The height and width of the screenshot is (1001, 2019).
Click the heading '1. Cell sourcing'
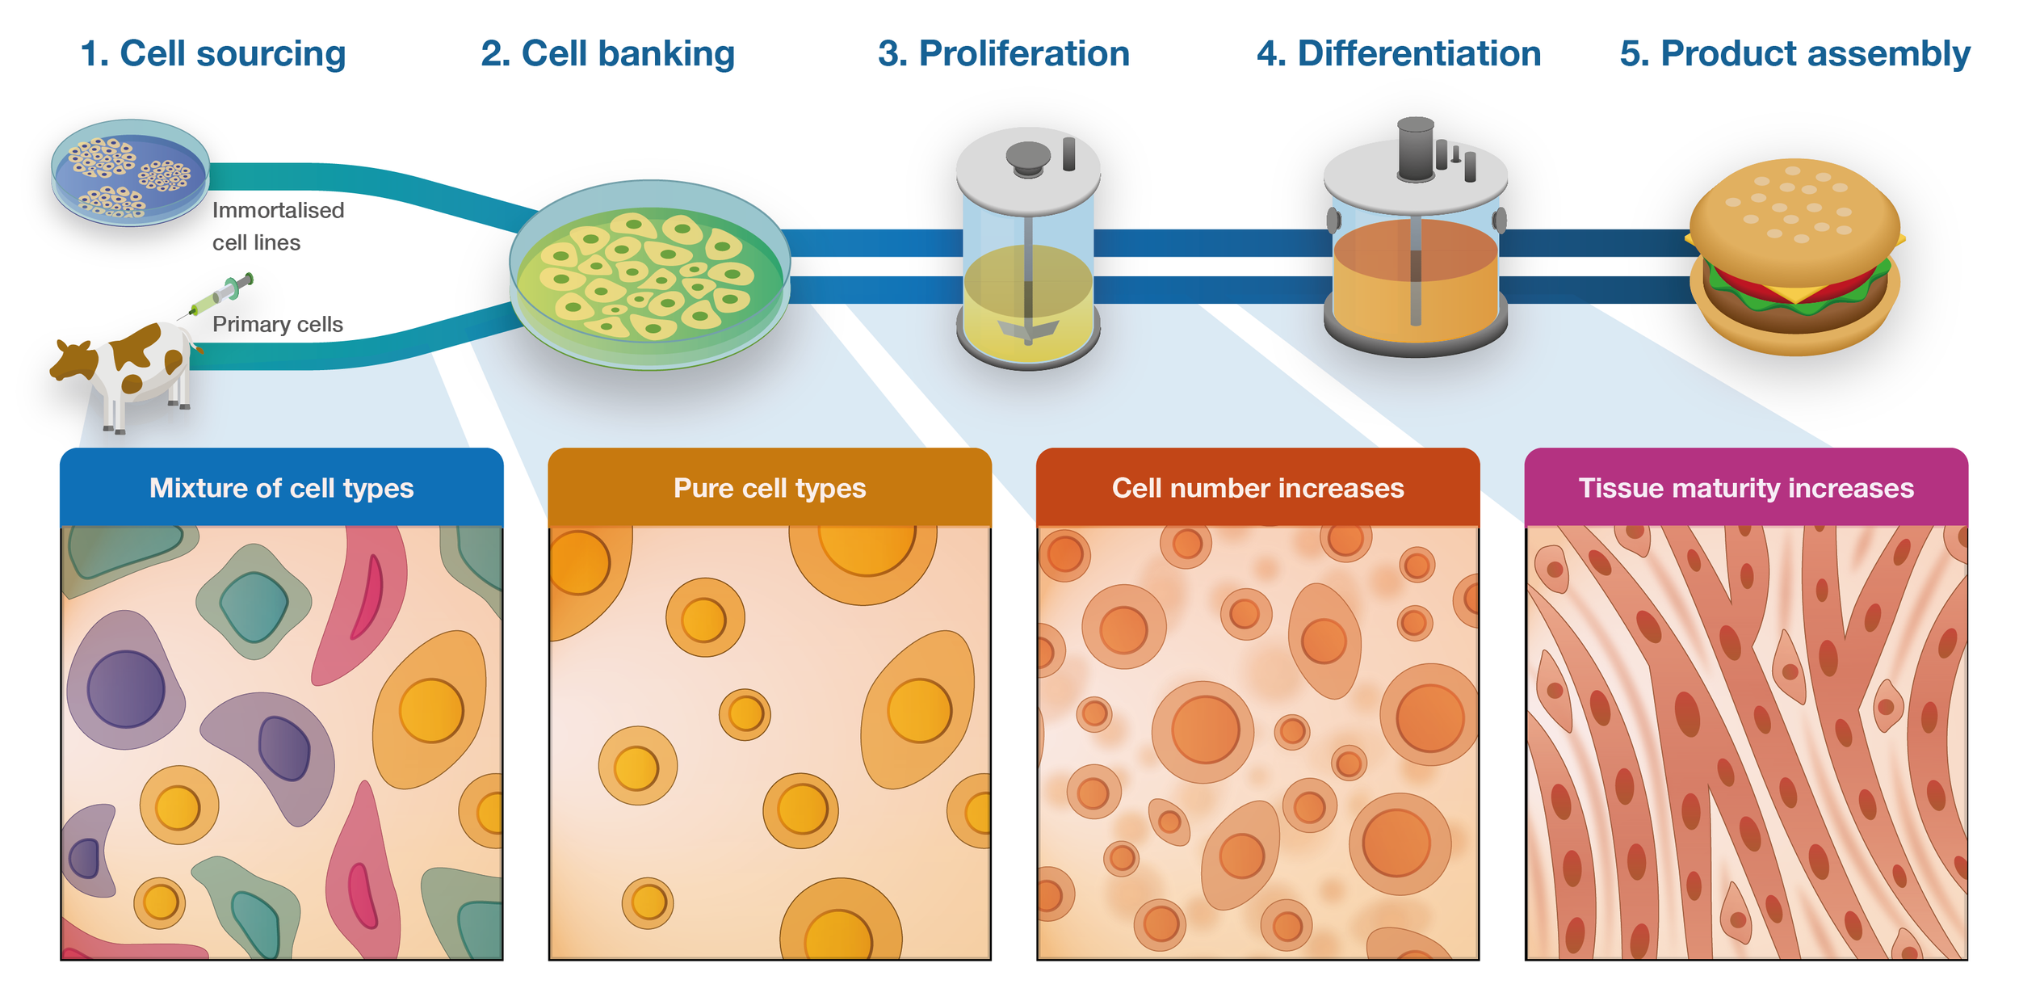point(213,54)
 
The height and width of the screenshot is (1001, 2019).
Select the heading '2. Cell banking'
point(607,54)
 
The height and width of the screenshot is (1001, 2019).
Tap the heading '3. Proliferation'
point(1003,54)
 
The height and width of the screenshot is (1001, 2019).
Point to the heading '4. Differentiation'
point(1398,54)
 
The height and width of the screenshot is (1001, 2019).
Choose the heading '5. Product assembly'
point(1794,54)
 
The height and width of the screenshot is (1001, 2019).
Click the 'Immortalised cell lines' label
point(277,226)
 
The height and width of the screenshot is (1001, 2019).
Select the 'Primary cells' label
point(277,324)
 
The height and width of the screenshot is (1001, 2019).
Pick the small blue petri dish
point(130,173)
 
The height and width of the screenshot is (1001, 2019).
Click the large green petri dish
point(650,275)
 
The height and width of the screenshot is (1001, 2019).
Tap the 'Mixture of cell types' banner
point(281,488)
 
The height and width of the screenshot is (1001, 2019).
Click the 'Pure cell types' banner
point(769,488)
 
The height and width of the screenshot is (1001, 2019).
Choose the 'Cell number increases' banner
point(1257,488)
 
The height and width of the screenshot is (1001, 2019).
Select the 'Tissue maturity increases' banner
point(1745,488)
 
